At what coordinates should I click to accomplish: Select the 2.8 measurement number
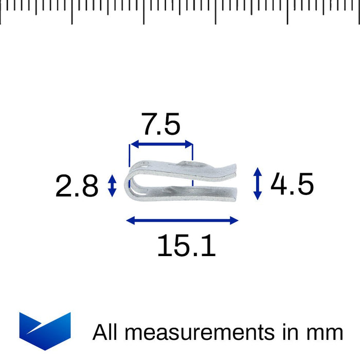(77, 186)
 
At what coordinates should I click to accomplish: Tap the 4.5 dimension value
(292, 184)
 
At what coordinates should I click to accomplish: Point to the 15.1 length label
(186, 246)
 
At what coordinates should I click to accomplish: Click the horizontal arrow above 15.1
(182, 221)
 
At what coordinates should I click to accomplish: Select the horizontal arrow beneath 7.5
(161, 145)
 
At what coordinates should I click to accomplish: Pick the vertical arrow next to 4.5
(258, 184)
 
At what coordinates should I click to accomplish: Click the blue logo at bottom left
(45, 330)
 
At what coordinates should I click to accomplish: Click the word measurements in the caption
(200, 333)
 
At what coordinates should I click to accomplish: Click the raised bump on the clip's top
(188, 164)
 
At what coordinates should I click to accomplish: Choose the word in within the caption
(286, 332)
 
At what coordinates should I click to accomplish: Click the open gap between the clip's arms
(206, 183)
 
